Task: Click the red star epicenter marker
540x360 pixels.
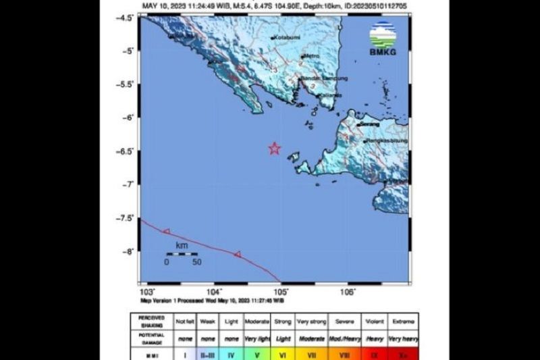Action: [x=274, y=149]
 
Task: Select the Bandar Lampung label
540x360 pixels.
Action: [x=324, y=79]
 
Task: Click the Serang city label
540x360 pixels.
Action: [x=370, y=124]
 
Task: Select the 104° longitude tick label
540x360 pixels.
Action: [x=215, y=291]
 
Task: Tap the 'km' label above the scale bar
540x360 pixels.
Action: [x=181, y=247]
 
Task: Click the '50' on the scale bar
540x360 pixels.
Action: [x=196, y=261]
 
